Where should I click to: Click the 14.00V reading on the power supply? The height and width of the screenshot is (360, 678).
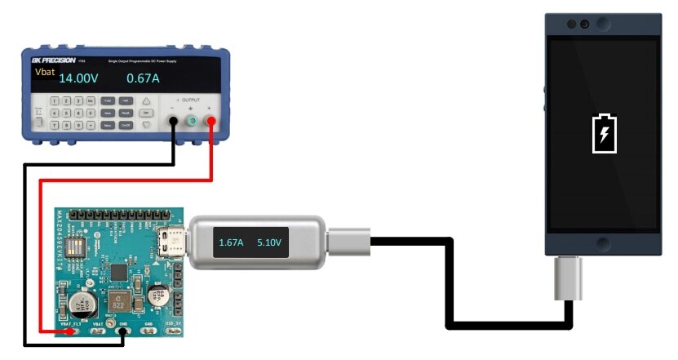click(78, 79)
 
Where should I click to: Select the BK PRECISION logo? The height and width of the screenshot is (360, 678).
click(55, 60)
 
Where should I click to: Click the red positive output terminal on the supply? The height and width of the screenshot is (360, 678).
click(212, 122)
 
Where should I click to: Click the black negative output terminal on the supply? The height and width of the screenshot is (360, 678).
click(174, 122)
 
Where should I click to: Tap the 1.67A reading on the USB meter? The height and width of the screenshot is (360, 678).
click(233, 243)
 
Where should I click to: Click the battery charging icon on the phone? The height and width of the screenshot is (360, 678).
click(605, 134)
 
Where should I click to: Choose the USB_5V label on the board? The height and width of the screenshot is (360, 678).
click(174, 323)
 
